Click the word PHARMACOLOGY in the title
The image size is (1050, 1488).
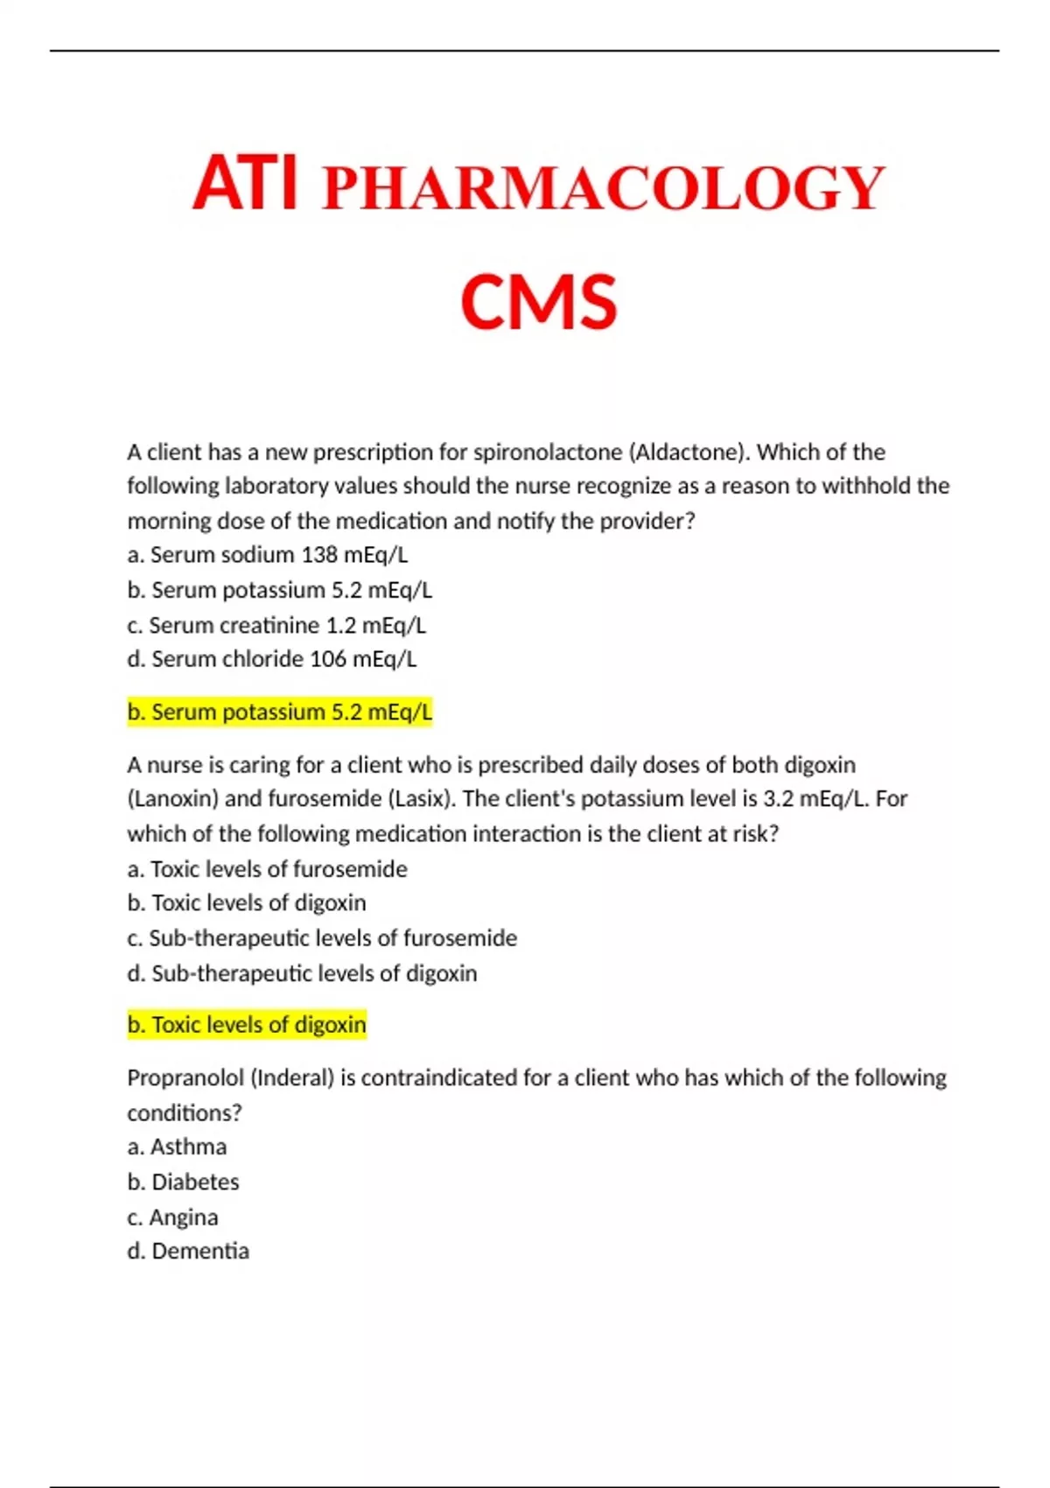pyautogui.click(x=604, y=188)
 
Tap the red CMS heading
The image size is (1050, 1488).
pyautogui.click(x=538, y=302)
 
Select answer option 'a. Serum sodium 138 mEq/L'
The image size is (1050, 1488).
pyautogui.click(x=267, y=555)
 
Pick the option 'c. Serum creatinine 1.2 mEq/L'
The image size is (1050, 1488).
pyautogui.click(x=276, y=625)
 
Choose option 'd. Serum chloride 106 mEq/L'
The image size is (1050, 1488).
pyautogui.click(x=271, y=659)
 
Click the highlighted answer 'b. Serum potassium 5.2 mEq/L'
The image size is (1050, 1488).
pyautogui.click(x=279, y=712)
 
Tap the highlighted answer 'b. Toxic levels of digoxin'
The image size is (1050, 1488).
pyautogui.click(x=246, y=1025)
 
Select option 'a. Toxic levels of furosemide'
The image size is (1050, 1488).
pyautogui.click(x=267, y=869)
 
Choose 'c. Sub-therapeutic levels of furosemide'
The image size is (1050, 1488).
pyautogui.click(x=322, y=938)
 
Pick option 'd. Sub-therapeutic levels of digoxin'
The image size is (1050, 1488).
pyautogui.click(x=302, y=973)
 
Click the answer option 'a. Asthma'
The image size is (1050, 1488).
pyautogui.click(x=177, y=1147)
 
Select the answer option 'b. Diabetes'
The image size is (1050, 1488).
pyautogui.click(x=183, y=1183)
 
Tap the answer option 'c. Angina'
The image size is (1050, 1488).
pyautogui.click(x=172, y=1218)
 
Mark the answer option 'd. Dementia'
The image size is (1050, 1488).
pyautogui.click(x=188, y=1252)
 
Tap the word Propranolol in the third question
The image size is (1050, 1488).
pyautogui.click(x=185, y=1078)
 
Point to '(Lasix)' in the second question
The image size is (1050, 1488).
pyautogui.click(x=422, y=799)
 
